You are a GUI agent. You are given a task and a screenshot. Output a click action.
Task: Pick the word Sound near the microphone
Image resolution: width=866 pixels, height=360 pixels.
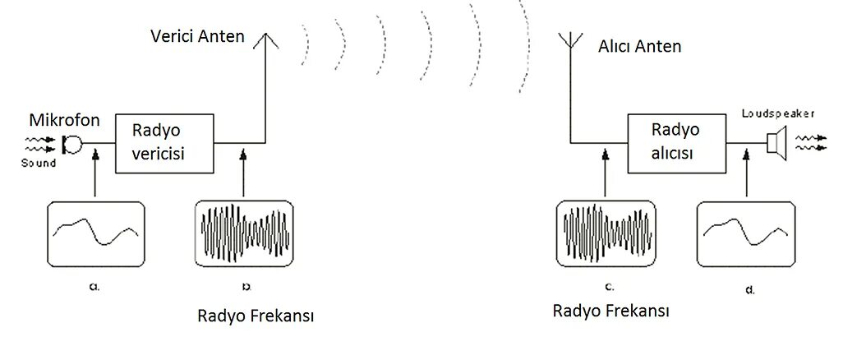point(39,164)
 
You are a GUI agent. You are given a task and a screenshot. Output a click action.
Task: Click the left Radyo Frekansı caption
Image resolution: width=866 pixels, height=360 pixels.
point(256,316)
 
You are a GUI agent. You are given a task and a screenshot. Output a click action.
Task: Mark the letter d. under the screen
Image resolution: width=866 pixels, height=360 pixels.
point(750,289)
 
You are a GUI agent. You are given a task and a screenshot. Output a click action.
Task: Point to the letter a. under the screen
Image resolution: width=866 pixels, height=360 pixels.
point(95,287)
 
